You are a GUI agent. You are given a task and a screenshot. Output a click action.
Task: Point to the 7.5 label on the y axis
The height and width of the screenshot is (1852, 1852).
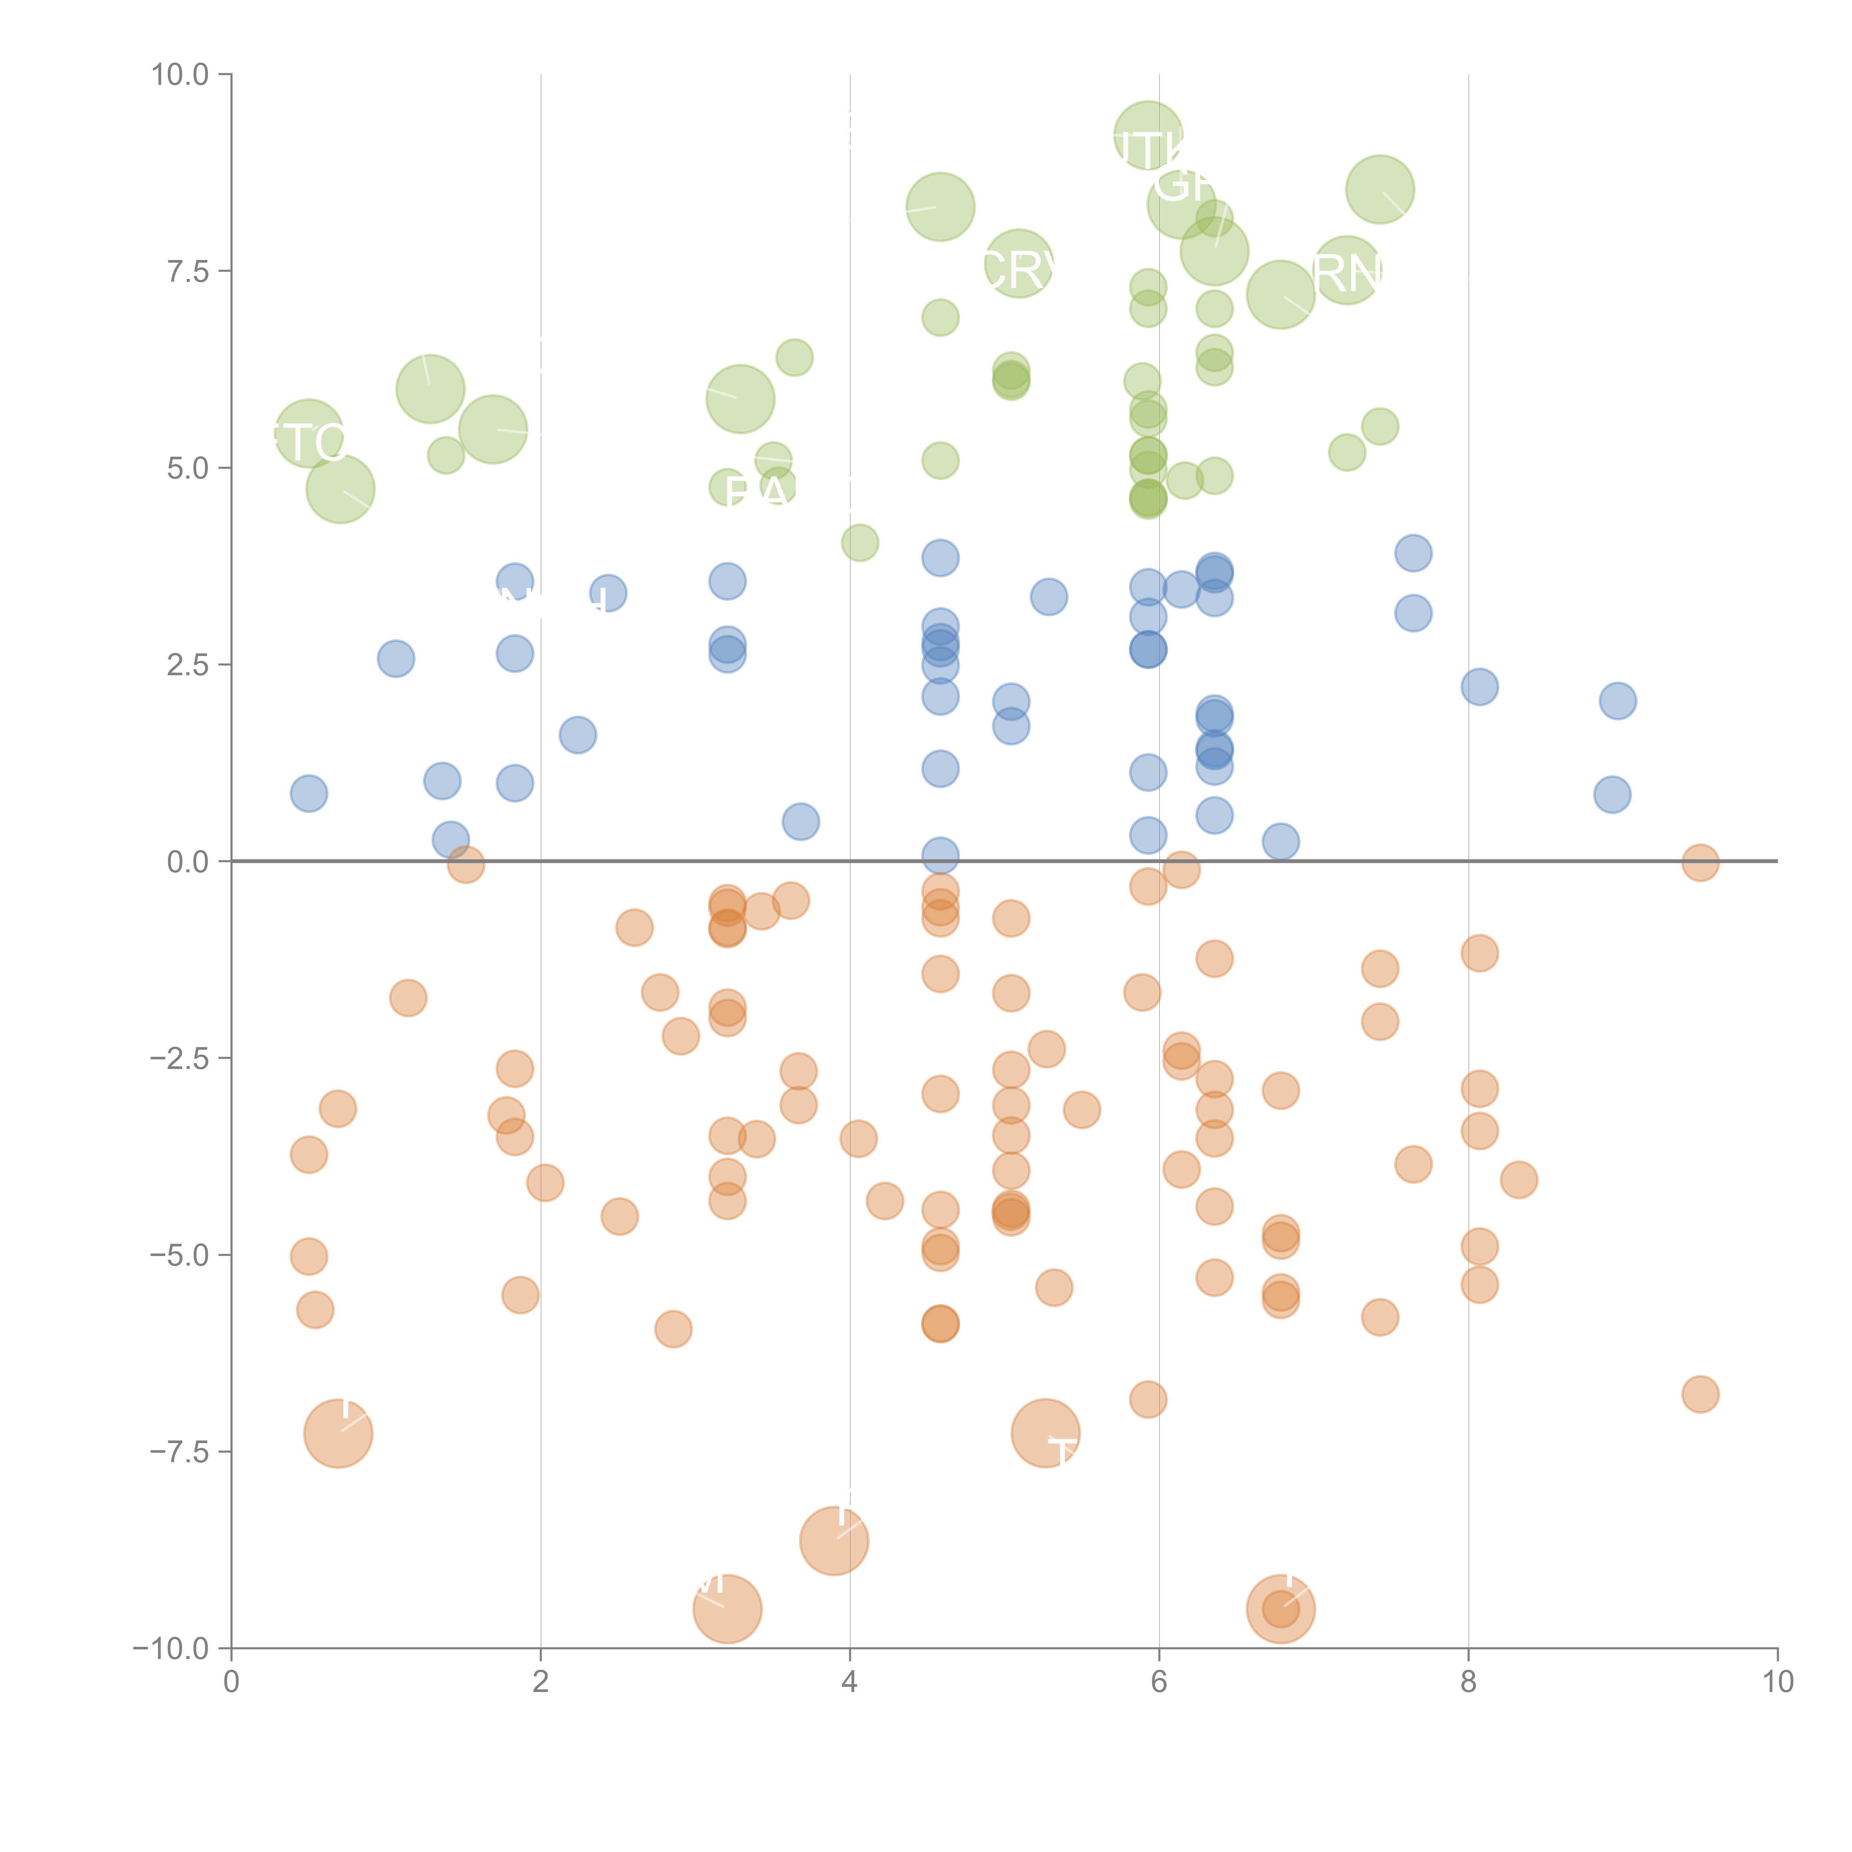click(x=188, y=271)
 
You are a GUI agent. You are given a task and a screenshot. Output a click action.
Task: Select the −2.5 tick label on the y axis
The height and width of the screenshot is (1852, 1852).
click(x=180, y=1058)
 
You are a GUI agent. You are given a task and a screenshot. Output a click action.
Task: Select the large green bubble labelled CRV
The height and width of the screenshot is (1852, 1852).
click(x=1019, y=264)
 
